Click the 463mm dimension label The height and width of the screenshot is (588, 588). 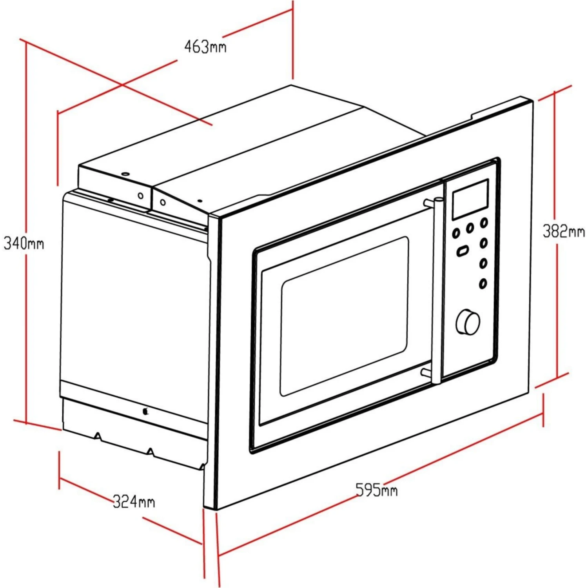click(205, 47)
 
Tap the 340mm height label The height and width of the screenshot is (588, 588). click(24, 243)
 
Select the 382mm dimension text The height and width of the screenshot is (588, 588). click(564, 231)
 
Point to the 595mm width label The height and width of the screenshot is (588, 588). click(376, 490)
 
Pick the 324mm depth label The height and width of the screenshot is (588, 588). click(134, 501)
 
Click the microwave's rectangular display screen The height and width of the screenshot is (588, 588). click(470, 199)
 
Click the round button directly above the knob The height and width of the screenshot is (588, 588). click(483, 283)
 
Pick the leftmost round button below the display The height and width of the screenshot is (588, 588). click(456, 233)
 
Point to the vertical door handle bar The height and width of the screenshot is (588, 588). click(437, 290)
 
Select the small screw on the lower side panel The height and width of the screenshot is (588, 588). click(145, 411)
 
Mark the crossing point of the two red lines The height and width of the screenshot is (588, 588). click(122, 85)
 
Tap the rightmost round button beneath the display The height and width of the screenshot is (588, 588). click(485, 223)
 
